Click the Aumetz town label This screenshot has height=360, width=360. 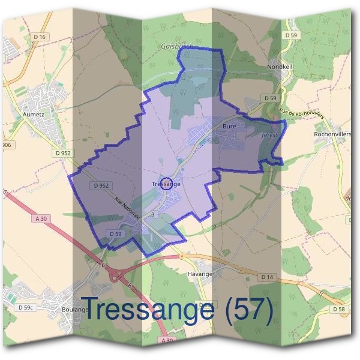[34, 112]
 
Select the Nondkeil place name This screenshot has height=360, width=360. [280, 68]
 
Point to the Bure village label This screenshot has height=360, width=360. [229, 127]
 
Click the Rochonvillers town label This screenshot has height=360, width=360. [332, 134]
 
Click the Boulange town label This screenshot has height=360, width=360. [74, 309]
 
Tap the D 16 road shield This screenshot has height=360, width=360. [40, 37]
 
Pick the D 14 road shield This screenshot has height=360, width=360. [268, 277]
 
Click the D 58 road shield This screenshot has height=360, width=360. [340, 308]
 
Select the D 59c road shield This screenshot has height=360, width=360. [25, 308]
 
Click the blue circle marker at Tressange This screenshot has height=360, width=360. [167, 183]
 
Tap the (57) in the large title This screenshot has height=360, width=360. [247, 309]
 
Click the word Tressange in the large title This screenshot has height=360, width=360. [148, 309]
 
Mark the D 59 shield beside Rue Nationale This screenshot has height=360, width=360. [116, 233]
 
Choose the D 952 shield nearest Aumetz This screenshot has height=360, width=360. [62, 153]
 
